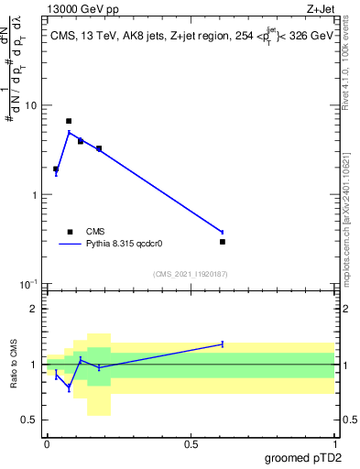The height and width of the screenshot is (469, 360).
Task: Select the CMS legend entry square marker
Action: tap(69, 232)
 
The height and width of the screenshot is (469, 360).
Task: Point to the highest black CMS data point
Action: tap(69, 121)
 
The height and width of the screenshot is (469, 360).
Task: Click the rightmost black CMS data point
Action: tap(223, 242)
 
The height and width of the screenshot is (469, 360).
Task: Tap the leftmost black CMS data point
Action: tap(56, 169)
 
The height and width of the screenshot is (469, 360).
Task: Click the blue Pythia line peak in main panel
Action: tap(69, 133)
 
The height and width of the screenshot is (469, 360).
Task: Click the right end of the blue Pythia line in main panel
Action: tap(223, 232)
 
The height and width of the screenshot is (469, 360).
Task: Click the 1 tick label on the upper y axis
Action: tap(35, 195)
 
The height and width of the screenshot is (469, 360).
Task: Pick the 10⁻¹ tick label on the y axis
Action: tap(29, 284)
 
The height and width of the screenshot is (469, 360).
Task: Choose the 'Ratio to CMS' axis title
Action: tap(15, 365)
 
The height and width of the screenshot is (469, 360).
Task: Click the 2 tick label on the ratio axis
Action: tap(35, 310)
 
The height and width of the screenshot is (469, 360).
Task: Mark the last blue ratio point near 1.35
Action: tap(223, 344)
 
